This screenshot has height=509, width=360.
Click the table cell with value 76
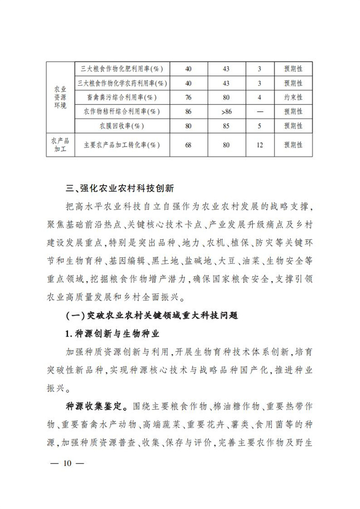coord(188,97)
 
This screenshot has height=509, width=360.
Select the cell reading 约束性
coord(293,97)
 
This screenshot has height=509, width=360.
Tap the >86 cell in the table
coord(226,111)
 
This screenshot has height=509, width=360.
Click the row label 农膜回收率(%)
coord(122,125)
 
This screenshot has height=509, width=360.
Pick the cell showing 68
coord(188,145)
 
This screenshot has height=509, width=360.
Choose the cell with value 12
coord(259,145)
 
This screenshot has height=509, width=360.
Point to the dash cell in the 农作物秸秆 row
coord(259,111)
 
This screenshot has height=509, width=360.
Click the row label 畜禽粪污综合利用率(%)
coord(122,97)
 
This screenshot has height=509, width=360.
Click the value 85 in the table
coord(226,125)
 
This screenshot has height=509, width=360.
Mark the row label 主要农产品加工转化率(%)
coord(122,145)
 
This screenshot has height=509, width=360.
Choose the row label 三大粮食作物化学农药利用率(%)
coord(122,82)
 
